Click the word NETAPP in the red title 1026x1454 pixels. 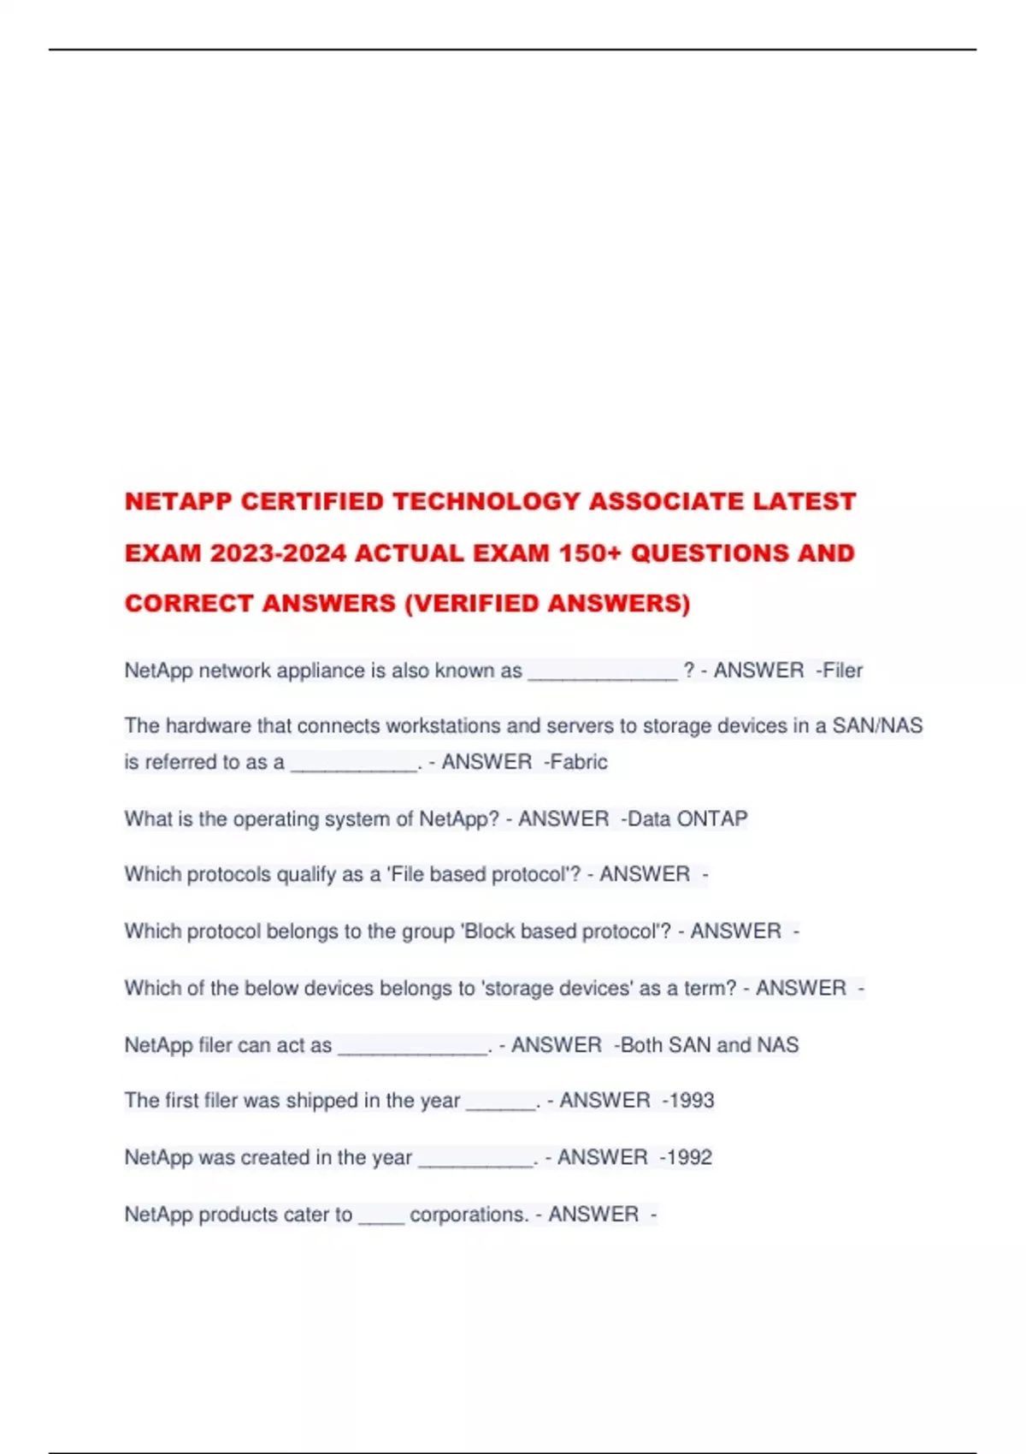coord(178,501)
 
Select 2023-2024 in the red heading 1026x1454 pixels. coord(278,553)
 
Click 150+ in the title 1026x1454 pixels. coord(590,553)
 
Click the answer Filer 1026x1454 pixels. coord(842,671)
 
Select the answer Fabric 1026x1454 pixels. coord(579,762)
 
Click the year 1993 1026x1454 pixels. coord(692,1101)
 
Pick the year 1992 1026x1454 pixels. coord(689,1157)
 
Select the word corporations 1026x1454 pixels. coord(469,1215)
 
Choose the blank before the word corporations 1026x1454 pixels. coord(381,1218)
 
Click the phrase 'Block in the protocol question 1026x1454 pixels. coord(487,931)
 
